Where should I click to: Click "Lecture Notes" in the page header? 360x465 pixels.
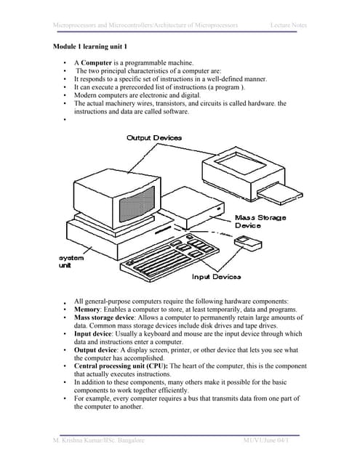click(288, 25)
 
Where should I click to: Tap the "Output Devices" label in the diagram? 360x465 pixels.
click(154, 137)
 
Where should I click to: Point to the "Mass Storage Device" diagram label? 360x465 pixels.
click(260, 221)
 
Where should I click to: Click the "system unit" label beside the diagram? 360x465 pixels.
click(71, 262)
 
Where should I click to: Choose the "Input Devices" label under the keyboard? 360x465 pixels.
click(217, 277)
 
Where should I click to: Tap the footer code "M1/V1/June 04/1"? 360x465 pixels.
click(271, 441)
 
